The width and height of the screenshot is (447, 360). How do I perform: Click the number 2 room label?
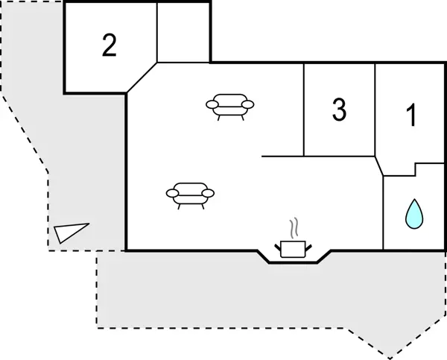pyautogui.click(x=110, y=45)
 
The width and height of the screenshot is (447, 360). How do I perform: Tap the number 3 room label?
pyautogui.click(x=339, y=110)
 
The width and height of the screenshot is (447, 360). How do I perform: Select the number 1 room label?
pyautogui.click(x=412, y=115)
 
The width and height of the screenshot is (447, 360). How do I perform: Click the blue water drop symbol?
pyautogui.click(x=414, y=214)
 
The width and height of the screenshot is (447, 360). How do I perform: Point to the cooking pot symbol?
pyautogui.click(x=293, y=249)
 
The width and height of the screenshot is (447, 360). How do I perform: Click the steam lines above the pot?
pyautogui.click(x=294, y=227)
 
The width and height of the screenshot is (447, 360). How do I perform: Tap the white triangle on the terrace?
pyautogui.click(x=71, y=233)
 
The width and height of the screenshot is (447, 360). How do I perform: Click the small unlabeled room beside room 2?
pyautogui.click(x=183, y=33)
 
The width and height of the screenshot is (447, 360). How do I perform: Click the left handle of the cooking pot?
pyautogui.click(x=278, y=247)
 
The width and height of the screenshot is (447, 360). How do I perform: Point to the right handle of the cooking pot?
pyautogui.click(x=308, y=247)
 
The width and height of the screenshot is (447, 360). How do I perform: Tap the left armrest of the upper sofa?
pyautogui.click(x=212, y=104)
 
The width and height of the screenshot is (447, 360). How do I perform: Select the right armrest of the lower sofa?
pyautogui.click(x=208, y=193)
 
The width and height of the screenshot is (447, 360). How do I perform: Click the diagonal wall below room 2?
pyautogui.click(x=142, y=78)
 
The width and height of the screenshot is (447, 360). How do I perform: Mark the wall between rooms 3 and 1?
pyautogui.click(x=375, y=110)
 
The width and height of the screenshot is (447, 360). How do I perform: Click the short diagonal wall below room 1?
pyautogui.click(x=379, y=166)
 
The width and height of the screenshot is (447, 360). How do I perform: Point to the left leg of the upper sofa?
pyautogui.click(x=219, y=118)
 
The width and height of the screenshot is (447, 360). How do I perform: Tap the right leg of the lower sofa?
pyautogui.click(x=203, y=206)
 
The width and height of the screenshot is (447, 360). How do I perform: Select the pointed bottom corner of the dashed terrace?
pyautogui.click(x=390, y=359)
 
